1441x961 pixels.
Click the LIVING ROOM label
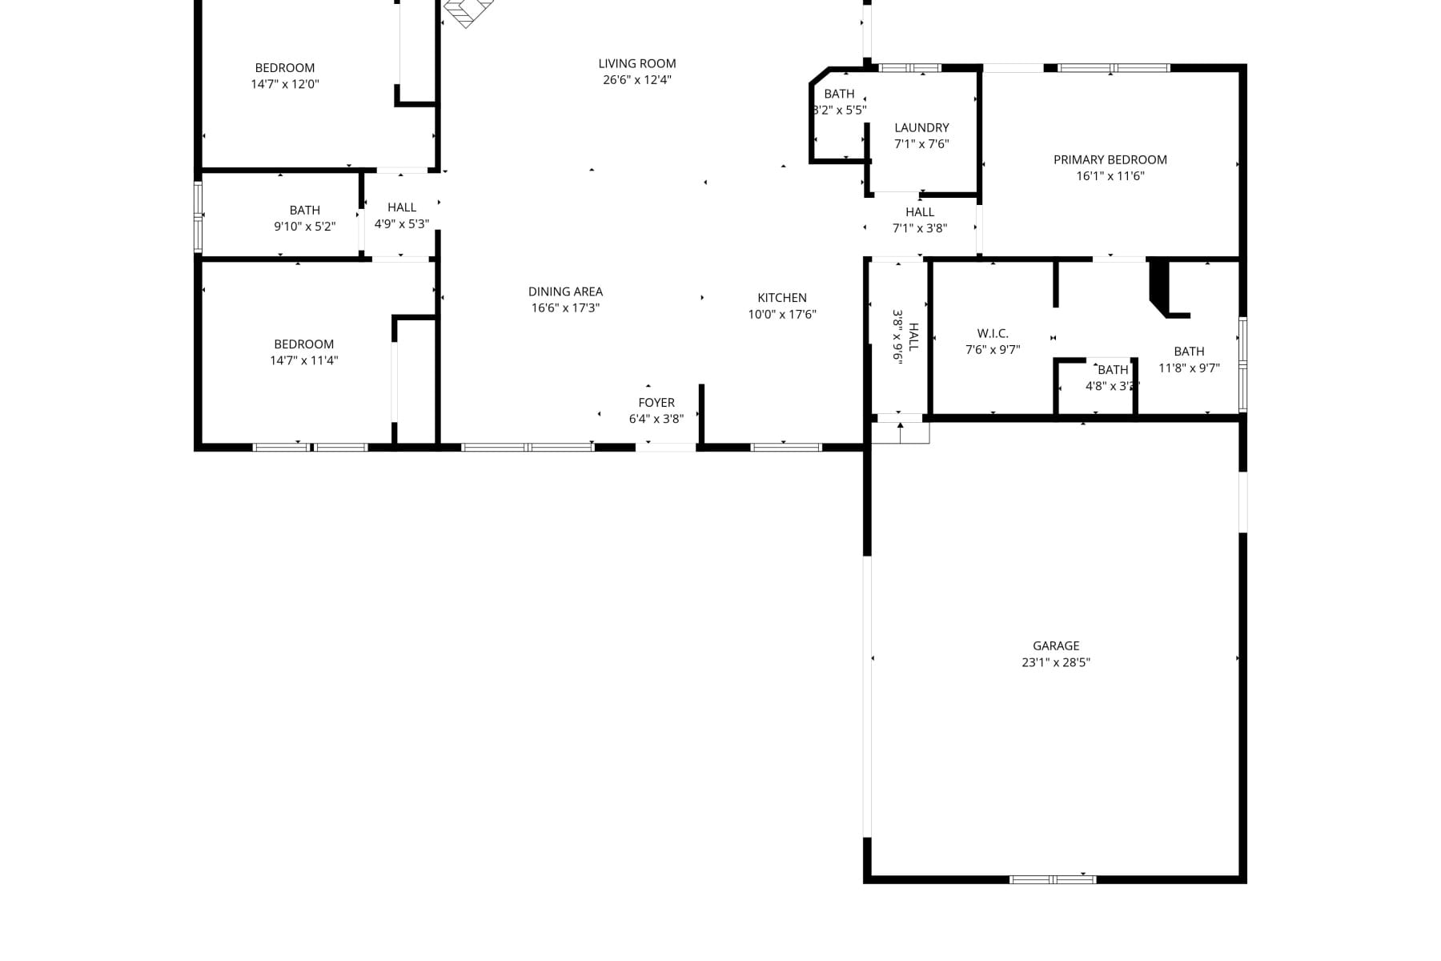[637, 63]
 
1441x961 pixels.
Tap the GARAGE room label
[1056, 645]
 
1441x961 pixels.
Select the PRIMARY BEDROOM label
[1110, 159]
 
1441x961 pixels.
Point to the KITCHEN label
[782, 298]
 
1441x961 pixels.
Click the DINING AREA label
[565, 292]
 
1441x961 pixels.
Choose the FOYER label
[656, 403]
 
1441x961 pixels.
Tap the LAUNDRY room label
[921, 127]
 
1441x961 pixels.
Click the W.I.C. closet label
[993, 333]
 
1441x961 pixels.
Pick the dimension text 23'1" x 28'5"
[1056, 662]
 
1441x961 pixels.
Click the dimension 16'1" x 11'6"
[1110, 176]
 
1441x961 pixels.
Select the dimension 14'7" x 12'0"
[285, 84]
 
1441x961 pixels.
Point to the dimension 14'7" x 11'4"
[304, 360]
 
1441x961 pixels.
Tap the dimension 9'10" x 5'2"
[305, 227]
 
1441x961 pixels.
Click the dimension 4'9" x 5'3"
[402, 224]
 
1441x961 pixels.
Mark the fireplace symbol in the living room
[469, 12]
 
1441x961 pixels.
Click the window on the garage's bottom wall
[1053, 879]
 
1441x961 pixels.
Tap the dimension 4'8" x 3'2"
[1113, 386]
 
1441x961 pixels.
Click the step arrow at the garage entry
[901, 432]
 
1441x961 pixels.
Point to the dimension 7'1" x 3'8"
[920, 228]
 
